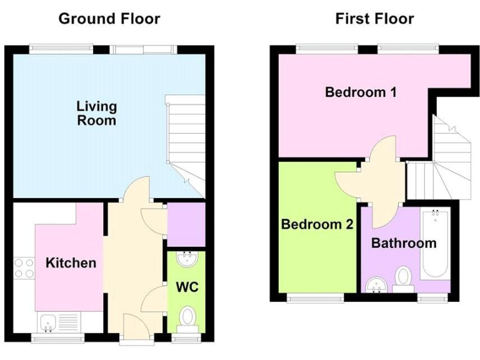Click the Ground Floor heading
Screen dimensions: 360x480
pos(109,19)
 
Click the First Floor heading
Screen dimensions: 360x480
pos(374,19)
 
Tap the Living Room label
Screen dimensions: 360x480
pos(96,113)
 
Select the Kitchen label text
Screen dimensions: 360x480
pos(71,262)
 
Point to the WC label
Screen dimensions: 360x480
pos(187,287)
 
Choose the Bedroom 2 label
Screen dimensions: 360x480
pos(317,224)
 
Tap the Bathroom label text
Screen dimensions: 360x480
pos(404,243)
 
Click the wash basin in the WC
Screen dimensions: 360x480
pos(186,258)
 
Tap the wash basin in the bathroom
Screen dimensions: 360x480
pos(376,285)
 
